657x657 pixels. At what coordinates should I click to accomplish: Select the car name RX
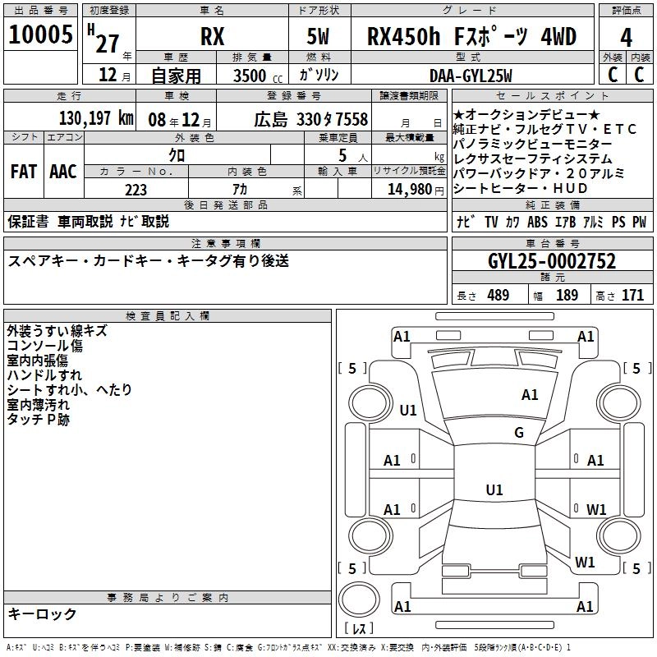(x=212, y=37)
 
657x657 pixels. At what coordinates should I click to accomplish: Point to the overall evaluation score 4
(x=627, y=37)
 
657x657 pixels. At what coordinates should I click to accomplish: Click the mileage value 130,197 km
(x=96, y=118)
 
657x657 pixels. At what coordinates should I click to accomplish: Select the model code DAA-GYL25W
(x=471, y=76)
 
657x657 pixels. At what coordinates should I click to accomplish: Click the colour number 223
(x=136, y=190)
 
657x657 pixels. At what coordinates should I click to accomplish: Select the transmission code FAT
(x=23, y=172)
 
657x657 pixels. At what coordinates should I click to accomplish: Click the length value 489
(x=498, y=295)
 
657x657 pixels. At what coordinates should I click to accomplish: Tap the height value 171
(x=632, y=295)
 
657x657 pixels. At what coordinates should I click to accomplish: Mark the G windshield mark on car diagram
(x=519, y=432)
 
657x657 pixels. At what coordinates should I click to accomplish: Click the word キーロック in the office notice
(x=42, y=613)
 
